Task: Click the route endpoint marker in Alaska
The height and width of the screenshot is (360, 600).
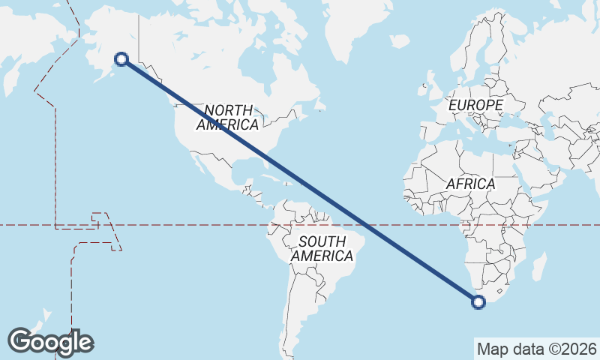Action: [121, 58]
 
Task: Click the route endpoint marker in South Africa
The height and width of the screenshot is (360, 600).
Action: [478, 302]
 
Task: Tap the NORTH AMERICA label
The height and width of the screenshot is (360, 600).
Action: [227, 117]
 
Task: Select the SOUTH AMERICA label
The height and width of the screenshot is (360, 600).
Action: [322, 249]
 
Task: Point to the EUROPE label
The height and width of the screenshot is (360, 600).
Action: [475, 105]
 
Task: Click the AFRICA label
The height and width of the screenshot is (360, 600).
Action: [470, 184]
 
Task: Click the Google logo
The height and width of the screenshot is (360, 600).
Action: [50, 341]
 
